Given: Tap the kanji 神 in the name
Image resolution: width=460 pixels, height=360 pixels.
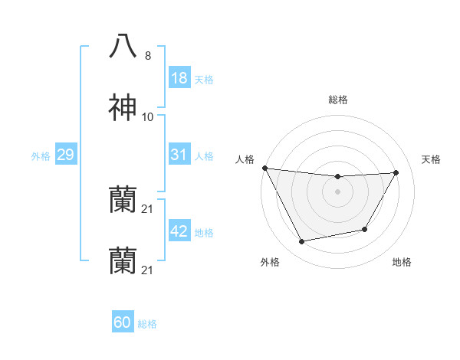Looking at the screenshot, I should point(123,108).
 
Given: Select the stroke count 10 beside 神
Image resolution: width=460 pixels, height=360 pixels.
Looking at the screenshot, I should point(148,117).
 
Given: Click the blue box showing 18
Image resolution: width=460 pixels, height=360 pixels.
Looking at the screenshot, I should point(179,78).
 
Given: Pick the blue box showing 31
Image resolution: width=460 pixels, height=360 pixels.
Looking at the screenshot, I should point(179,155).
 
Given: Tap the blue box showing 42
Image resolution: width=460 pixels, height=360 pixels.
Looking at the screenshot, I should point(179,231).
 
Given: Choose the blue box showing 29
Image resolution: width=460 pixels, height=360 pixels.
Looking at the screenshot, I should point(65,155).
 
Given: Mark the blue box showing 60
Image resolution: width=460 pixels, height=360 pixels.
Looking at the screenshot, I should point(123,322).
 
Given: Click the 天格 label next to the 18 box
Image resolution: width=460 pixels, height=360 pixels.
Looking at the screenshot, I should point(204,79).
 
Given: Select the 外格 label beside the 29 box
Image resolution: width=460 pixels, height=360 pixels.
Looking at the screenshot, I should point(41,155).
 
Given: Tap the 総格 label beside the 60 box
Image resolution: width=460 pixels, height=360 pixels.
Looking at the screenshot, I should point(147,323).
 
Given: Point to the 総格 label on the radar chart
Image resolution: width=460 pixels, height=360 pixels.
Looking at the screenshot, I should point(338,100).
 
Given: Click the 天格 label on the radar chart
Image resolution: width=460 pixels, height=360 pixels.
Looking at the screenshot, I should point(432,159).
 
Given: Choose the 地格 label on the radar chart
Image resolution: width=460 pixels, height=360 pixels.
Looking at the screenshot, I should point(402,262).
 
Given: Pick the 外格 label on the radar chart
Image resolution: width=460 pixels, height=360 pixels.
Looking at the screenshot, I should point(270,262).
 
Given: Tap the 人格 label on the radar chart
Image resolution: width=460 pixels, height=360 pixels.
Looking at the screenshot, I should point(245,159).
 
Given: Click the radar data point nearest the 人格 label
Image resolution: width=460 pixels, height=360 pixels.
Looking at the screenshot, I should point(265,168).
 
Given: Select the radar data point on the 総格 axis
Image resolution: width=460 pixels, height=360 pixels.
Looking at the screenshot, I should point(338,177).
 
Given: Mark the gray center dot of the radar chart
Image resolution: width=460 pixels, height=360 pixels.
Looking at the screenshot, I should point(338,191).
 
